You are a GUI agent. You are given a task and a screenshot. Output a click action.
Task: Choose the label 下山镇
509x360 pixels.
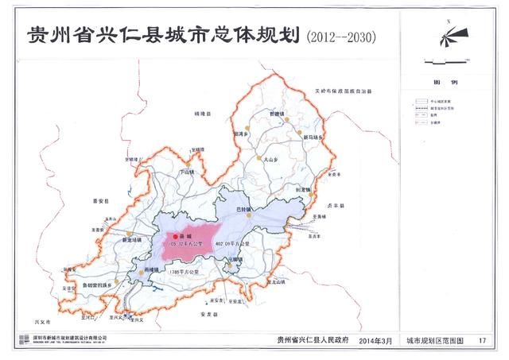pos(186,171)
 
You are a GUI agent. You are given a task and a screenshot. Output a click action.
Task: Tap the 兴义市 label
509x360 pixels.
pos(42,321)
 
